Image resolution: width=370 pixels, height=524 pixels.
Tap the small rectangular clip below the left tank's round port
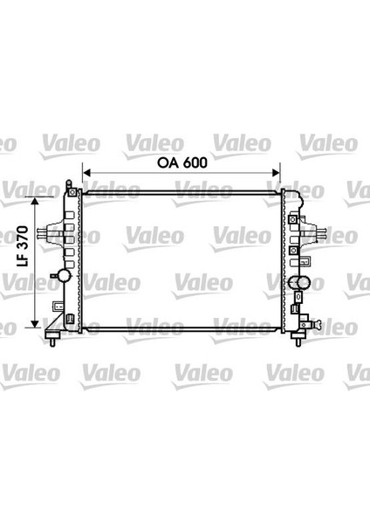click(58, 306)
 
